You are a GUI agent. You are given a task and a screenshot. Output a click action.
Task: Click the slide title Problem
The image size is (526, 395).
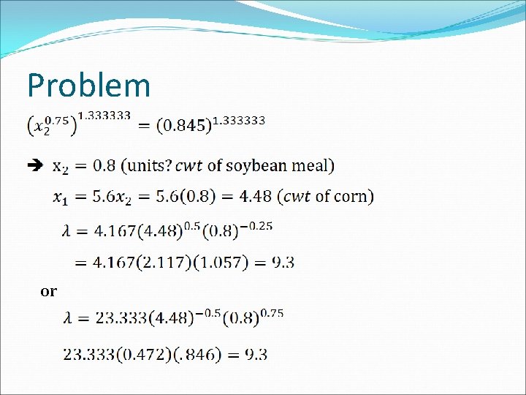pos(88,86)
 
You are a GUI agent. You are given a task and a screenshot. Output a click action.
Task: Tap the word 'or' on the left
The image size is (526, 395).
pos(48,291)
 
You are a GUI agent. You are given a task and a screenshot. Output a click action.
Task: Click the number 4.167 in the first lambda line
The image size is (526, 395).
pos(117,232)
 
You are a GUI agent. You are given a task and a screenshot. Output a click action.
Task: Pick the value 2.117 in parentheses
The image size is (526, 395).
pos(170,262)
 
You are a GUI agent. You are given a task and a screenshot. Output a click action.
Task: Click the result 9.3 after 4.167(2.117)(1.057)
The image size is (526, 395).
pos(283,262)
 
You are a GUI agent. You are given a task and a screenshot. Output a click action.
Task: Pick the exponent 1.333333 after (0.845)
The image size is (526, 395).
pos(239,119)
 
